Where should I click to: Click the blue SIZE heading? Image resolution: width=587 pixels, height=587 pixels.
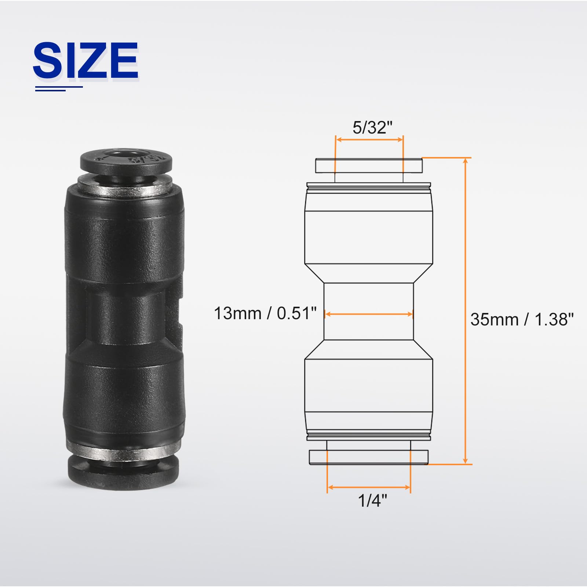(x=85, y=60)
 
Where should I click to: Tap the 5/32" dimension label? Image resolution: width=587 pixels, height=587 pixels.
(x=372, y=128)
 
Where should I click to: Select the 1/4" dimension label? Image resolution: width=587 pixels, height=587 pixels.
(x=372, y=500)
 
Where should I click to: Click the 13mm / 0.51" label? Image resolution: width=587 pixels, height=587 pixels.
(x=265, y=314)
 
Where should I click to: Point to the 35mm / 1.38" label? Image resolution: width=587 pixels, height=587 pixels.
(x=522, y=320)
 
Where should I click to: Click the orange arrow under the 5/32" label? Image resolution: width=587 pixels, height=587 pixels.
(x=369, y=139)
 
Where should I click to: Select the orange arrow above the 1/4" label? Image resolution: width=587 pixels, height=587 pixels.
(x=369, y=487)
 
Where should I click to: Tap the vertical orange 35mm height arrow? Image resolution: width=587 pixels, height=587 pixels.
(x=466, y=311)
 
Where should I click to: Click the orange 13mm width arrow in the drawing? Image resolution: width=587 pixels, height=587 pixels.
(x=369, y=314)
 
